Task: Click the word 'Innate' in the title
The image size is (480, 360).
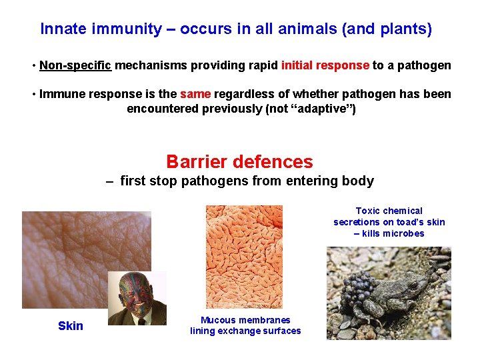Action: (x=62, y=29)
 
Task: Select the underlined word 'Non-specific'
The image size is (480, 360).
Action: (x=75, y=65)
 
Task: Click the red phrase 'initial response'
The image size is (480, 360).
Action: (x=325, y=65)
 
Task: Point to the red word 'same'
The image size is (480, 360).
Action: (x=195, y=94)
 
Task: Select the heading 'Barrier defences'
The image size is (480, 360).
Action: (x=239, y=162)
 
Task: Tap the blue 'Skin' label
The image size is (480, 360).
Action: (x=71, y=326)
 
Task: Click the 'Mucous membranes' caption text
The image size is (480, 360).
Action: (x=245, y=320)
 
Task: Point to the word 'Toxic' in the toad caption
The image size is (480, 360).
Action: (x=368, y=211)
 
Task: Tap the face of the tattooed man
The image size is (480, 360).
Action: (x=135, y=294)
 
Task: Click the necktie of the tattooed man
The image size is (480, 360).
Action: (x=141, y=321)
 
